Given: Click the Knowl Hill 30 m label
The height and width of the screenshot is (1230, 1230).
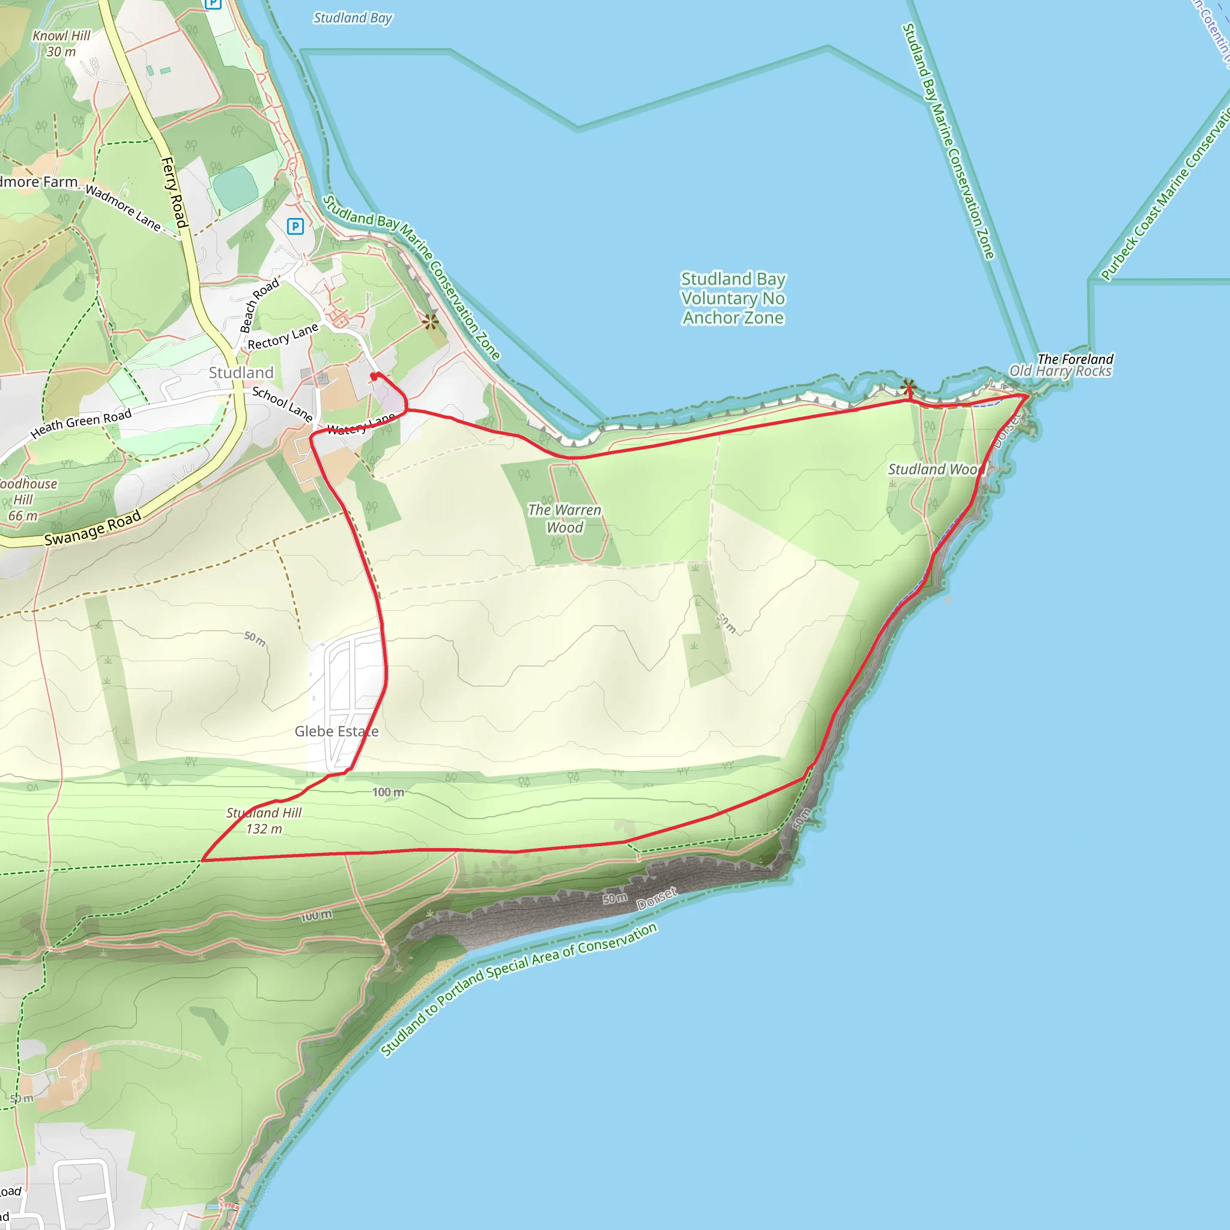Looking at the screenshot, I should (x=61, y=43).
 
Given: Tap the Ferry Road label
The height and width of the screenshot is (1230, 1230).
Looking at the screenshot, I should (x=174, y=192).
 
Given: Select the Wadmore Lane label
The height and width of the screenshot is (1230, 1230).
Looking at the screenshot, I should (x=123, y=208).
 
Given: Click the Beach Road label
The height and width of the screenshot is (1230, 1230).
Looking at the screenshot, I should (x=258, y=305).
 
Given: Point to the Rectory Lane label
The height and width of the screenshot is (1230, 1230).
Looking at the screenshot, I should (x=283, y=337).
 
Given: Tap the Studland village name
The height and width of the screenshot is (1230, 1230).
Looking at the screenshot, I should (x=241, y=372).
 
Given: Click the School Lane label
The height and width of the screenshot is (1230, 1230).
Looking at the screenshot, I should (x=282, y=404).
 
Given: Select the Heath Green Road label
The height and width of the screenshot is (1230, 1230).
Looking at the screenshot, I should (x=81, y=423).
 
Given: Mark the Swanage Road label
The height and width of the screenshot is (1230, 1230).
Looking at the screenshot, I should (x=93, y=529).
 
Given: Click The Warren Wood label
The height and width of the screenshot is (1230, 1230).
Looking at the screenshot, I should (x=564, y=518).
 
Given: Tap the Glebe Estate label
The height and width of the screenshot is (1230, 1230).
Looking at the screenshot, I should (x=336, y=732).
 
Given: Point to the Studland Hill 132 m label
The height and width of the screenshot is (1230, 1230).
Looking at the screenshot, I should (x=264, y=820).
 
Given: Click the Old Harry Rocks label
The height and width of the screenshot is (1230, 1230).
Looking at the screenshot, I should (x=1060, y=371).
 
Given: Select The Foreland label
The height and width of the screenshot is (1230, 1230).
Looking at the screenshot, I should (x=1075, y=359).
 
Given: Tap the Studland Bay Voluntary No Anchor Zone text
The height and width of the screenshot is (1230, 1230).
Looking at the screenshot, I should (x=733, y=298).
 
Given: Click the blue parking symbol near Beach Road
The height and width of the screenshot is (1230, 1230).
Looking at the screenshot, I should (x=295, y=226).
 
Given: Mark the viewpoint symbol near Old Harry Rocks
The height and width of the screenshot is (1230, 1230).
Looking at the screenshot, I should (x=909, y=386).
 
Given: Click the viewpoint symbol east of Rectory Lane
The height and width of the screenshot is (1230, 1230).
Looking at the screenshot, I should (x=431, y=321).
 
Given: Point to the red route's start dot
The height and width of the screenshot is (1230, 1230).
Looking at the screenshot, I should (x=374, y=376).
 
